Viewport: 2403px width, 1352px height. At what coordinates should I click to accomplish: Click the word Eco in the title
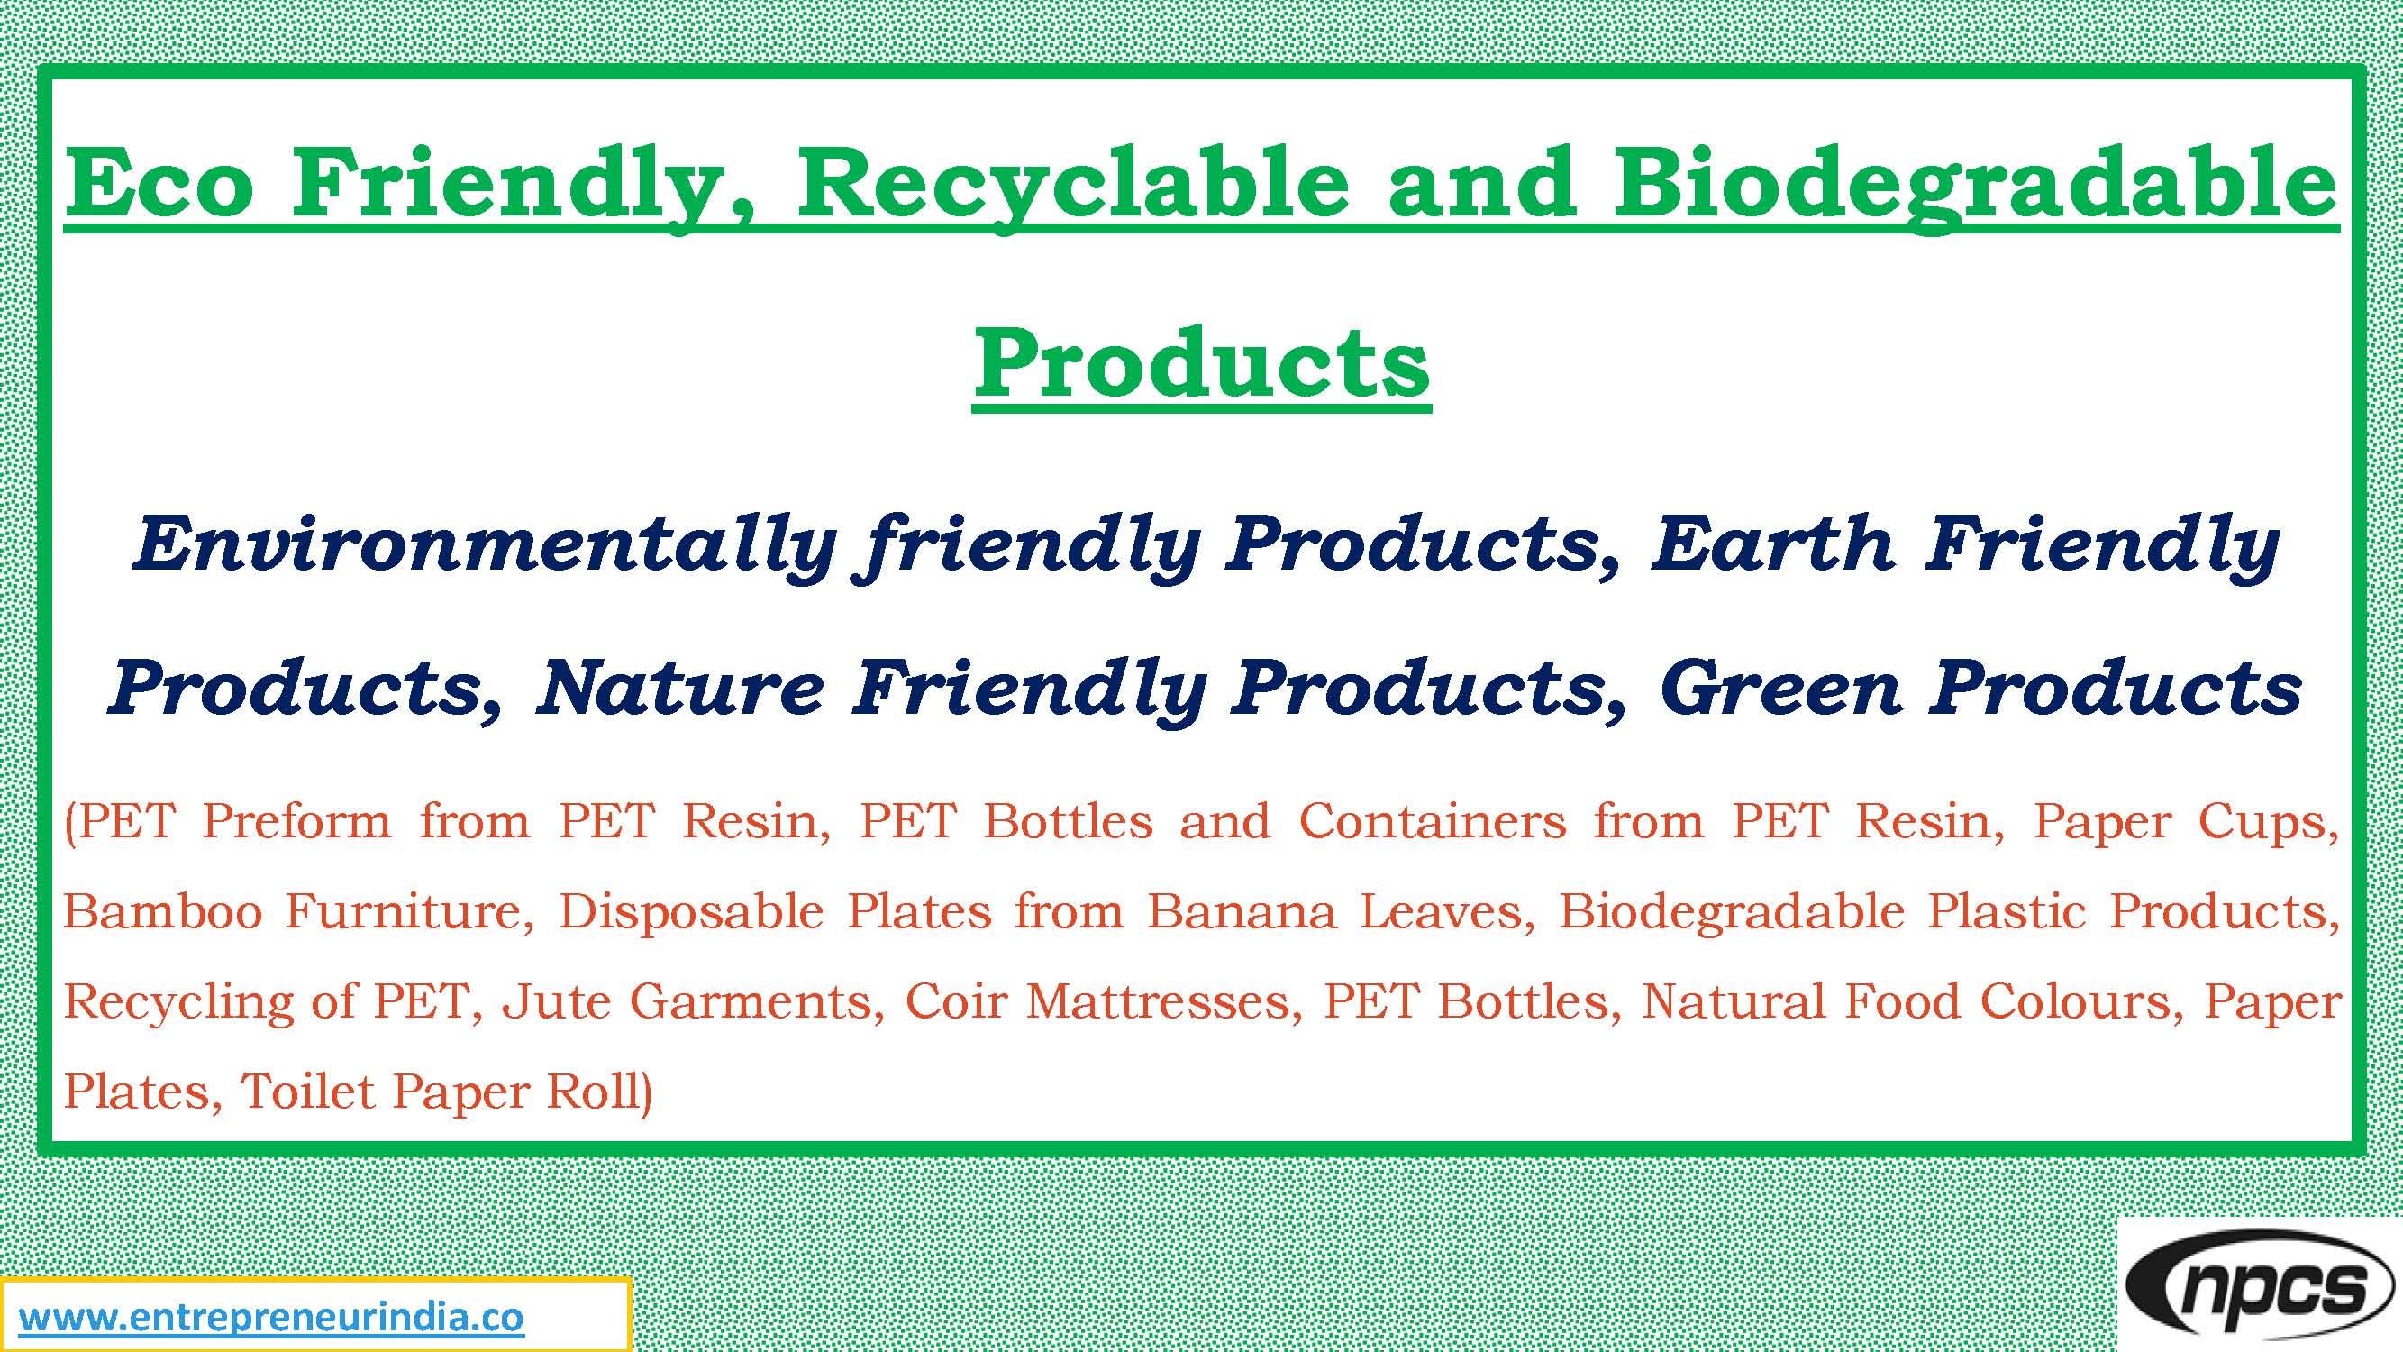coord(159,185)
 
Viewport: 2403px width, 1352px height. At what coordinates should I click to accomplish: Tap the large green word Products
coord(1202,365)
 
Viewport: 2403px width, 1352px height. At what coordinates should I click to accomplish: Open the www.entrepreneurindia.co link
coord(271,1319)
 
